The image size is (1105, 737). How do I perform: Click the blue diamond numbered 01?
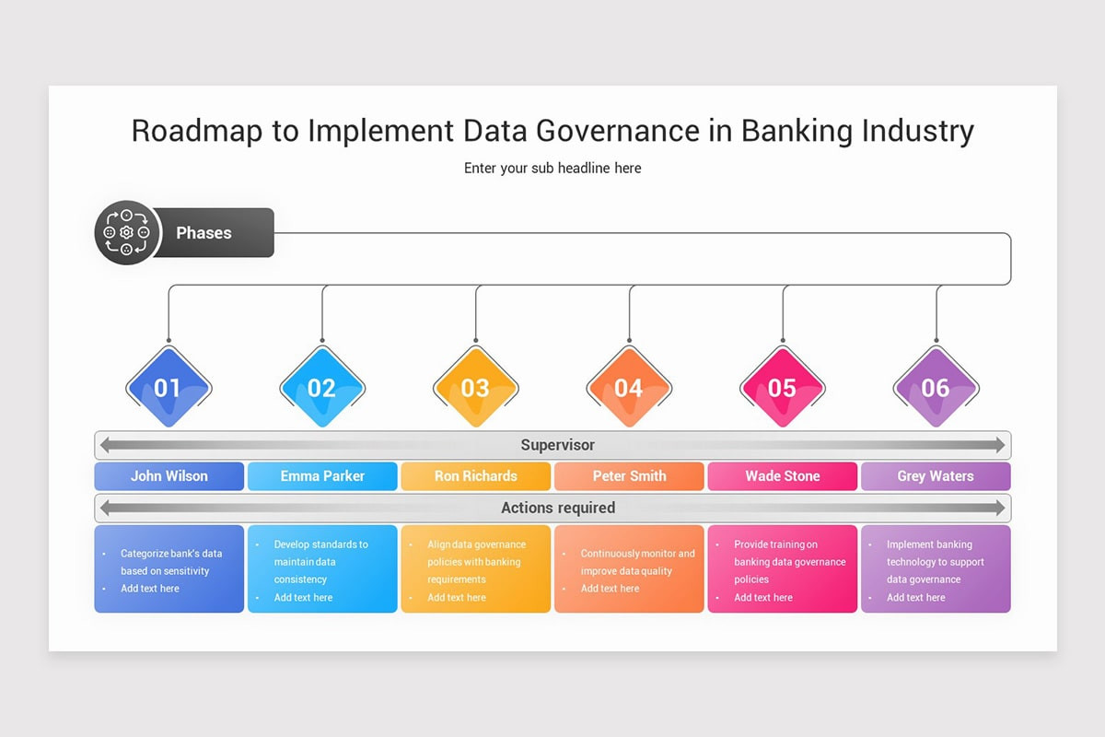(x=168, y=388)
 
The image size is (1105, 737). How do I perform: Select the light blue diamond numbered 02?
(x=321, y=388)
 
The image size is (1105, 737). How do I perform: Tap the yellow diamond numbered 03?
(x=475, y=388)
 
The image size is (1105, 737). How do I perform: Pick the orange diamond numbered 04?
(x=629, y=388)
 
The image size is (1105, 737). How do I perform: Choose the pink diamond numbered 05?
(x=782, y=388)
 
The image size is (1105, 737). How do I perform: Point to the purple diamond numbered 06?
(x=936, y=388)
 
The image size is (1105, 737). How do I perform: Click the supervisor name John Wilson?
(x=169, y=476)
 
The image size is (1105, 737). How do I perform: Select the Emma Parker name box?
(x=322, y=476)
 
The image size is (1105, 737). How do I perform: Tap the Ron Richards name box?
(x=476, y=476)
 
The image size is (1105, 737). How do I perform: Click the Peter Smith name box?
(x=629, y=476)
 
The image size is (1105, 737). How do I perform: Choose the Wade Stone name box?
(x=783, y=476)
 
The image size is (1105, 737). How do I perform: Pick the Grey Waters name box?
(x=936, y=476)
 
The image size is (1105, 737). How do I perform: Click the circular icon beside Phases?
(x=127, y=233)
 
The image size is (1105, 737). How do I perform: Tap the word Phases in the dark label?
(x=204, y=233)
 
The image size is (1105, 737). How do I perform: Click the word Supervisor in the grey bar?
(x=557, y=445)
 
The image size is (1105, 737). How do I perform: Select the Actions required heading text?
(x=557, y=508)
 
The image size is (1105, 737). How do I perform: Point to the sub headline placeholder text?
(x=552, y=168)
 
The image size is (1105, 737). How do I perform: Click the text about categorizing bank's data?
(x=170, y=562)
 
